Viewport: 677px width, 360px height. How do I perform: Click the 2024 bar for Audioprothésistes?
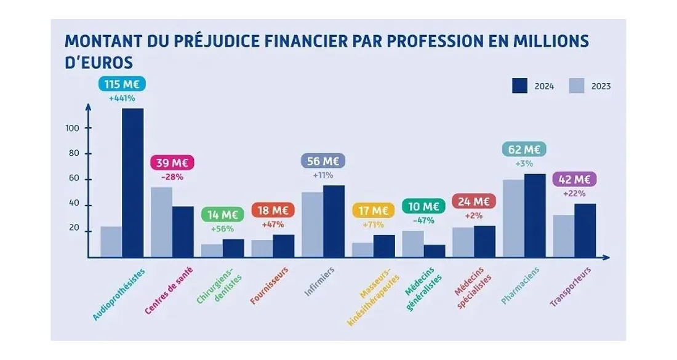point(133,183)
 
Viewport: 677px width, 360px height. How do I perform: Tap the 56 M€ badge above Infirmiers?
point(322,161)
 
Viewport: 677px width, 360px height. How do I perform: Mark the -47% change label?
point(423,220)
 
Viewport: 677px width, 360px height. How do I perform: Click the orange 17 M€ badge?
point(373,210)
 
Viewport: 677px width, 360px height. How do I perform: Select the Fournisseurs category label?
point(270,286)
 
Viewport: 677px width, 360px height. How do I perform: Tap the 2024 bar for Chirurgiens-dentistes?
point(233,248)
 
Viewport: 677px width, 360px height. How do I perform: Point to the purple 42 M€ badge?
point(574,180)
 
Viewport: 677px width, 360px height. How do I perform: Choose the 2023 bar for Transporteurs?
point(564,236)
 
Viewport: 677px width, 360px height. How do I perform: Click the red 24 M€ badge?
point(473,202)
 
